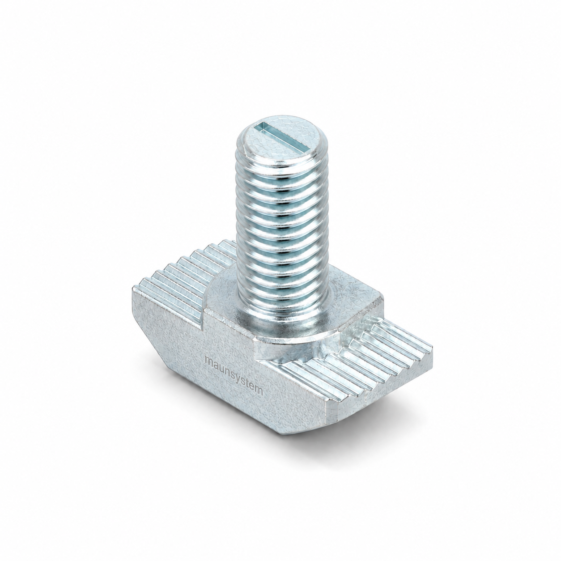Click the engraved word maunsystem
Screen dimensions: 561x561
(234, 375)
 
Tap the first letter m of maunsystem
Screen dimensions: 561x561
(209, 360)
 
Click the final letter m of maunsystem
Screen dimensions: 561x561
(259, 391)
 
